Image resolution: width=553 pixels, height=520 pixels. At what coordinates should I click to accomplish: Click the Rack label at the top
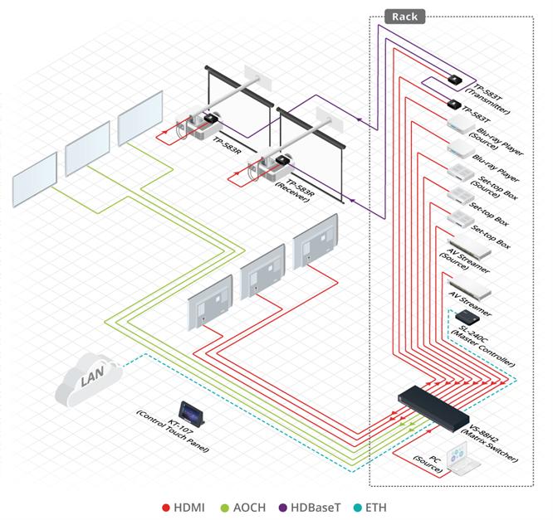pos(404,17)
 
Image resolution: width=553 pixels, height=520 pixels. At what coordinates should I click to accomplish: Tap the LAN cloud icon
pos(89,380)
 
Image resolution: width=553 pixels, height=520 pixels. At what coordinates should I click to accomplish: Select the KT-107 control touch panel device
pos(192,413)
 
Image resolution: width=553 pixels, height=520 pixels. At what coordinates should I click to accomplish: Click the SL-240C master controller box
pos(467,317)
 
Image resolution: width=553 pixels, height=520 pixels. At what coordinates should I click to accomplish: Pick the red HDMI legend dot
pos(166,508)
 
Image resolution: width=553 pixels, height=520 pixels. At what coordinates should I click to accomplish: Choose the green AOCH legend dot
pos(225,508)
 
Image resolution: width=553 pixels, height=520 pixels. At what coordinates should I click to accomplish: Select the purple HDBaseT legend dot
pos(283,508)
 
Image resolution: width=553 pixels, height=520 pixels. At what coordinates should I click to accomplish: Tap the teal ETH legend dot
pos(357,508)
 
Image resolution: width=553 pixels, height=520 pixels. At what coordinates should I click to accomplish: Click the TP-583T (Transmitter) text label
pos(488,99)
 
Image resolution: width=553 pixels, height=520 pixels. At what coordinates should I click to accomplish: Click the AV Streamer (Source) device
pos(469,245)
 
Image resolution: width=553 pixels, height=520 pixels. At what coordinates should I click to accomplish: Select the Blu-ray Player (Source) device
pos(462,124)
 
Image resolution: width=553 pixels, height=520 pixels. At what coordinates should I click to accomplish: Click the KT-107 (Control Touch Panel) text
pos(173,431)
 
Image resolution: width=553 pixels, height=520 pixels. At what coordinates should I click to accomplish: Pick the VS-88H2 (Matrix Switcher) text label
pos(490,443)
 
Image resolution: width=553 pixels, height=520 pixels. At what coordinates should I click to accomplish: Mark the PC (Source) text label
pos(428,464)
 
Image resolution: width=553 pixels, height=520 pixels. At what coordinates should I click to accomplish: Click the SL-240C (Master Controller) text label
pos(483,346)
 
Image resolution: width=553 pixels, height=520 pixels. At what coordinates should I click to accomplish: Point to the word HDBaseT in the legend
pos(316,508)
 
